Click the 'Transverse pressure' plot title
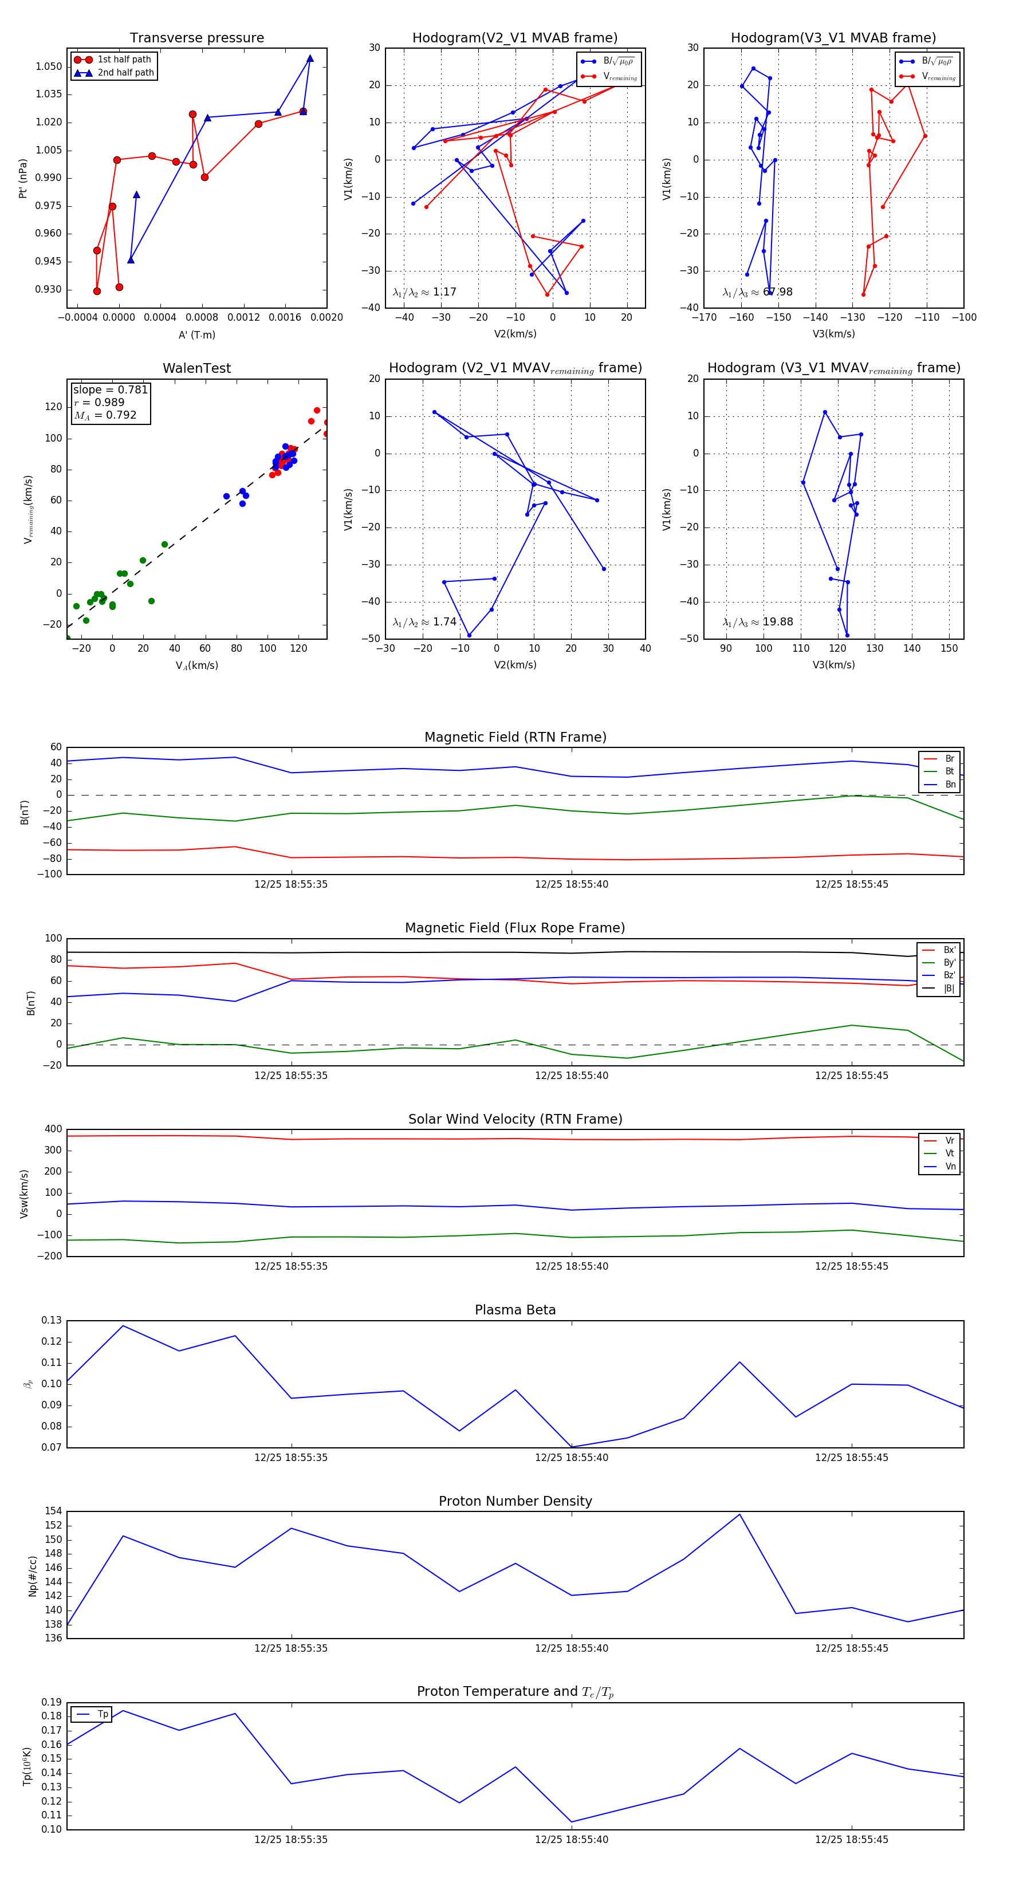click(196, 38)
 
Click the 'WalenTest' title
click(196, 368)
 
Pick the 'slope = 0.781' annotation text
click(110, 389)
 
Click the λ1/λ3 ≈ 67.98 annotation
click(757, 292)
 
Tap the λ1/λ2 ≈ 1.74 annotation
click(424, 622)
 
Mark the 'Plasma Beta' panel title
click(515, 1310)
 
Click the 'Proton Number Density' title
click(515, 1501)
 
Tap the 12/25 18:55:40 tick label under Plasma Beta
click(571, 1457)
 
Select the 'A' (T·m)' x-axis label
click(196, 334)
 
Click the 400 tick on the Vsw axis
click(53, 1129)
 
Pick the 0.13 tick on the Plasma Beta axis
click(52, 1321)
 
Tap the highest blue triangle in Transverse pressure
click(310, 58)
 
